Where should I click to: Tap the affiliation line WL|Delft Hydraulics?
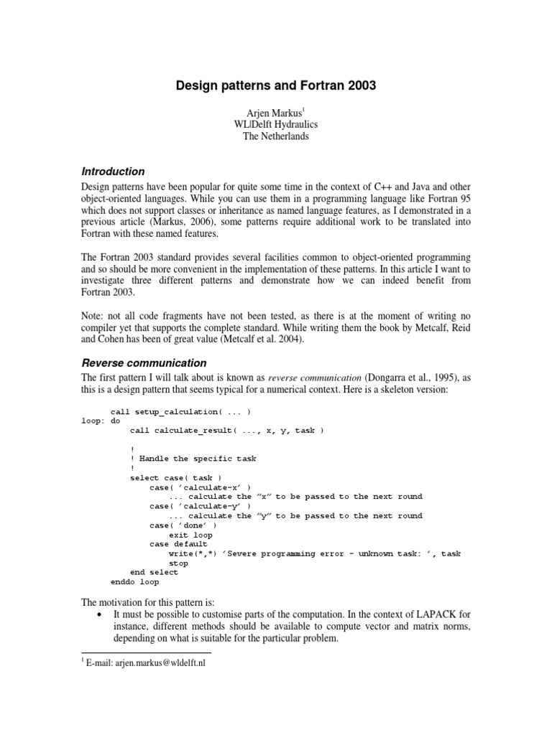276,124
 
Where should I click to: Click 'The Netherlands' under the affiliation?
276,136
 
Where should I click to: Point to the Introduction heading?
113,172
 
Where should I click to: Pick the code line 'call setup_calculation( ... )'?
180,411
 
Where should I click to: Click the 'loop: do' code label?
101,421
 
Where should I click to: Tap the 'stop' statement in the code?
178,563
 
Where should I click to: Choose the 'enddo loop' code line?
134,582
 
